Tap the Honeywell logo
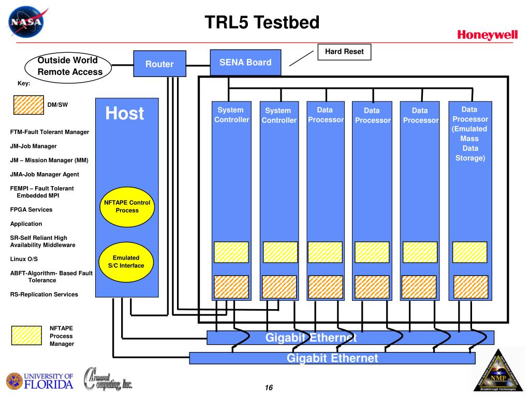click(x=487, y=35)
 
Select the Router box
click(x=159, y=64)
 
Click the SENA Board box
click(x=245, y=63)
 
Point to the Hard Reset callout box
click(x=344, y=52)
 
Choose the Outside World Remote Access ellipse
click(x=69, y=66)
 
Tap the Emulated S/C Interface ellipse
click(x=126, y=262)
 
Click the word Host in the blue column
click(x=125, y=113)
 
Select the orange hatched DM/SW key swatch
click(x=28, y=104)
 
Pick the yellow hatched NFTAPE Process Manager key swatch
click(x=26, y=335)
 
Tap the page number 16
click(x=268, y=388)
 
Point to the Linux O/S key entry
click(x=24, y=258)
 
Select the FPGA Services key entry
click(x=31, y=210)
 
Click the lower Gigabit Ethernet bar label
click(x=332, y=358)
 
